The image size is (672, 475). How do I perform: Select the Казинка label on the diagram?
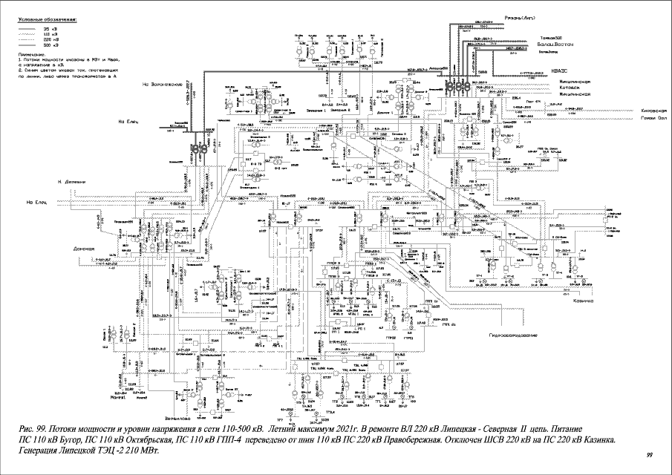click(x=584, y=301)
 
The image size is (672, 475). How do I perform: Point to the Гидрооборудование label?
click(x=512, y=336)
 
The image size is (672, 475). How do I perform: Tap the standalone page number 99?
click(x=649, y=454)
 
